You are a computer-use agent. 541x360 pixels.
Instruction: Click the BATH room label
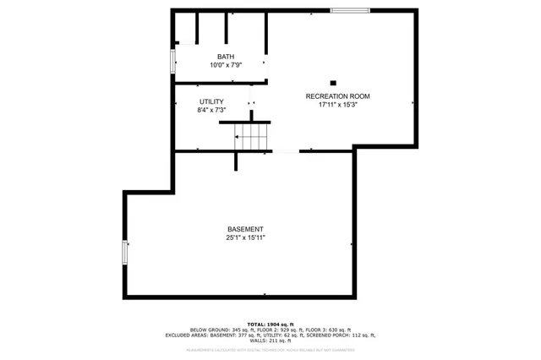tap(225, 57)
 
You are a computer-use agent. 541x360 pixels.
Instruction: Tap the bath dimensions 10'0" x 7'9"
tap(225, 65)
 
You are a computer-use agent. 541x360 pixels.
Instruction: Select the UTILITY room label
tap(211, 101)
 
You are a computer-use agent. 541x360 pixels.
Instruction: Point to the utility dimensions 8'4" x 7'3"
tap(211, 110)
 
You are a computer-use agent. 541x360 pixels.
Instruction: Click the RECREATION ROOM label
tap(337, 96)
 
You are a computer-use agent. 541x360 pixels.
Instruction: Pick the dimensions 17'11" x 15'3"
tap(337, 106)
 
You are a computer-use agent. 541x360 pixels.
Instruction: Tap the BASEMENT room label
tap(245, 230)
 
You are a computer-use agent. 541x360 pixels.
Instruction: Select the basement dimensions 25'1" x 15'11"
tap(245, 238)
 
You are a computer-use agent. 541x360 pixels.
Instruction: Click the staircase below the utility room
tap(252, 138)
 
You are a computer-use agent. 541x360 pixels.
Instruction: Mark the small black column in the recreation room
tap(333, 83)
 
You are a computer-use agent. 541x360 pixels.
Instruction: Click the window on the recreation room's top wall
tap(349, 10)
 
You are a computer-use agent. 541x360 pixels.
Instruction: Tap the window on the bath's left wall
tap(173, 62)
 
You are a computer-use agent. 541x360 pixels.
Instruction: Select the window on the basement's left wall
tap(125, 252)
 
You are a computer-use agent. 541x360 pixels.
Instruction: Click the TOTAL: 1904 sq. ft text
tap(270, 325)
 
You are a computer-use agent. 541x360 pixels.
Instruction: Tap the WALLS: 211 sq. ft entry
tap(270, 341)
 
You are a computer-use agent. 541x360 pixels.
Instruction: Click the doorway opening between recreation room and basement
tap(286, 152)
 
